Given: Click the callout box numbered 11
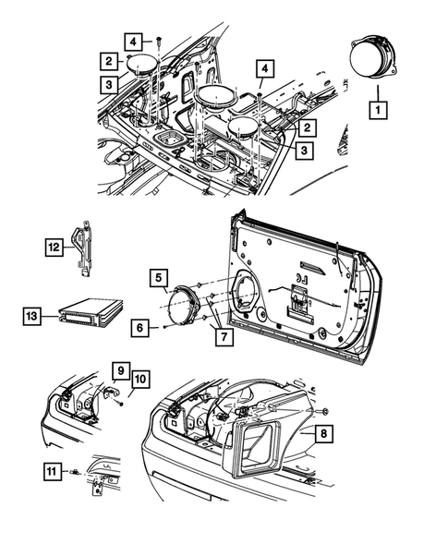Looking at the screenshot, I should [x=53, y=473].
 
